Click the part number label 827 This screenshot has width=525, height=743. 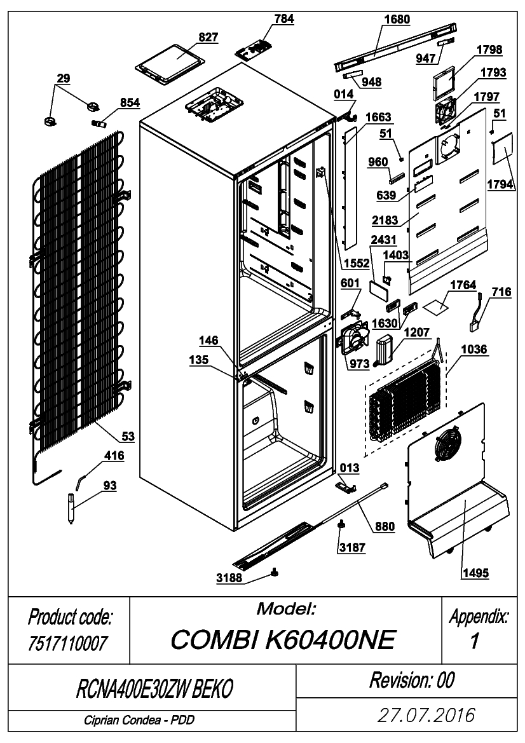coord(208,37)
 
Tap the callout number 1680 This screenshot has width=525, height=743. coord(397,20)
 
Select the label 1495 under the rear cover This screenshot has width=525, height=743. coord(475,573)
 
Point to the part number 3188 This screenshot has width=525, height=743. coord(229,578)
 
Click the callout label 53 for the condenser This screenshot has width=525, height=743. coord(128,437)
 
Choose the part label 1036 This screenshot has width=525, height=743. coord(474,349)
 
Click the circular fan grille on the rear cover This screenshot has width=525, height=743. coord(446,443)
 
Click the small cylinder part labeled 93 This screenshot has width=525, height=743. coord(72,507)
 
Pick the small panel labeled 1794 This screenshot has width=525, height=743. coord(502,148)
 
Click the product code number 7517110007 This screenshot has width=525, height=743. coord(68,643)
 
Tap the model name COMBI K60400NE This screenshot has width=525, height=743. coord(283,639)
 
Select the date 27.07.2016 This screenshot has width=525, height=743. coord(426,715)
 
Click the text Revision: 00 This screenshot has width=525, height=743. coord(412,680)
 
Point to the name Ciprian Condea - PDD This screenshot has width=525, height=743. coord(139,720)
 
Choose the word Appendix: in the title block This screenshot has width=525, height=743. coord(479,617)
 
